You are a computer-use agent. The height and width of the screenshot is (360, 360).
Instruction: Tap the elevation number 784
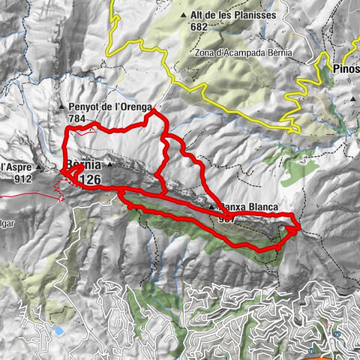77,118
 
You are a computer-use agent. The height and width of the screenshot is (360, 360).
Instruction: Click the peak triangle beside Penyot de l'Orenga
62,108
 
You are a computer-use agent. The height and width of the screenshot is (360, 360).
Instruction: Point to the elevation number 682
198,26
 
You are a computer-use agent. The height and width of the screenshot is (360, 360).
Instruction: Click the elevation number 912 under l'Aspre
22,178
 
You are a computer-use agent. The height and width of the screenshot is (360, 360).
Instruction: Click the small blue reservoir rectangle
58,330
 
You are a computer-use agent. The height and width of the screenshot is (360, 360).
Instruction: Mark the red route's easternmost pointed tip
301,225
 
